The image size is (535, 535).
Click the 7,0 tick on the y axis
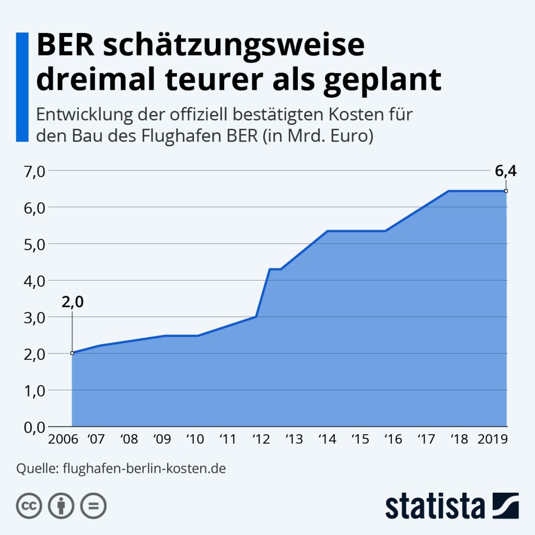[32, 171]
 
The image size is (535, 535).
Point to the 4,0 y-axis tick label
[32, 281]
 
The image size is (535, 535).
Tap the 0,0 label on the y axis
[32, 427]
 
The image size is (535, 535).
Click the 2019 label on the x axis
[493, 439]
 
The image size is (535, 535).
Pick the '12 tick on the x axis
[260, 439]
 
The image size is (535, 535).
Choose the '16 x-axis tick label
[393, 439]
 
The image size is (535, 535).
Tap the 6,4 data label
[505, 171]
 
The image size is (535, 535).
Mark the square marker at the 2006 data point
[72, 353]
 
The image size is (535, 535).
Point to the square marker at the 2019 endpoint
[506, 191]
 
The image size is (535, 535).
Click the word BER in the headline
[66, 46]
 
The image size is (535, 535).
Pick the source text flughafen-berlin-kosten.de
[144, 468]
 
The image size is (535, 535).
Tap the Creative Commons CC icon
[29, 505]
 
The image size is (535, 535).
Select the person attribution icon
[61, 505]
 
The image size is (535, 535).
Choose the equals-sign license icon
[93, 505]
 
